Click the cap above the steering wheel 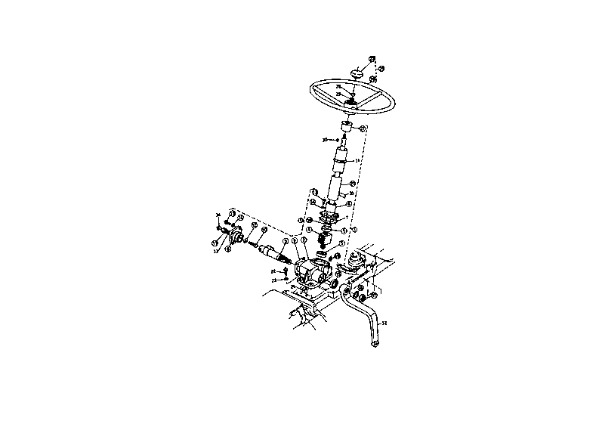pyautogui.click(x=357, y=73)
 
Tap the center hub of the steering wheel pyautogui.click(x=350, y=102)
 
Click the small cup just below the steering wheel pyautogui.click(x=347, y=126)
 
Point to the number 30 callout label pyautogui.click(x=325, y=140)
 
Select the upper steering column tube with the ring pyautogui.click(x=342, y=159)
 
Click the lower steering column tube pyautogui.click(x=336, y=187)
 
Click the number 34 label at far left pyautogui.click(x=218, y=215)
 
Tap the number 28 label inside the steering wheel pyautogui.click(x=338, y=87)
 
